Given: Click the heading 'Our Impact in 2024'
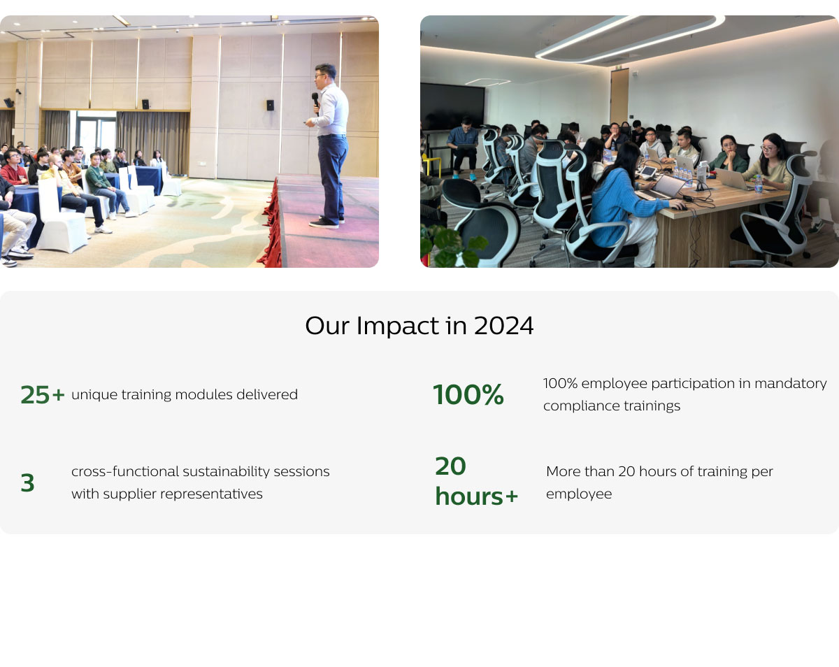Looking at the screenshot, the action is [419, 326].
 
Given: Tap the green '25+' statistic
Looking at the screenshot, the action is [43, 394].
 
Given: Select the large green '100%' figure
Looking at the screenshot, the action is [468, 394].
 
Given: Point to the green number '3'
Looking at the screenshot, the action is [27, 482].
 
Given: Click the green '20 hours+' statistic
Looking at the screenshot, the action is [476, 481].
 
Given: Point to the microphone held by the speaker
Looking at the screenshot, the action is [315, 101].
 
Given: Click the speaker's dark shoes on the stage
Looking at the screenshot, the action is [327, 222].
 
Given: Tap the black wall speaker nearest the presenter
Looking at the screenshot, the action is [270, 105].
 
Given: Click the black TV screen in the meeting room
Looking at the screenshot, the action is [452, 106].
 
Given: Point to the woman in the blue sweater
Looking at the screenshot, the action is [620, 203].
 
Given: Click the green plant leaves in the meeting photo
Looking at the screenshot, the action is [452, 246].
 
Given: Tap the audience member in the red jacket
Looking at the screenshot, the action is [13, 168].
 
